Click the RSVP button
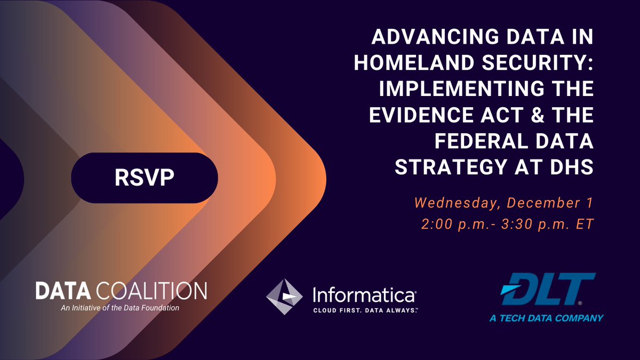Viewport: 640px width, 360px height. click(144, 178)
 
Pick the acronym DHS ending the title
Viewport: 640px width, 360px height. click(571, 167)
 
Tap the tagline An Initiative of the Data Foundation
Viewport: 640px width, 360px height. click(121, 308)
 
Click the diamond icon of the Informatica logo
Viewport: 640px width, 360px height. click(284, 297)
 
